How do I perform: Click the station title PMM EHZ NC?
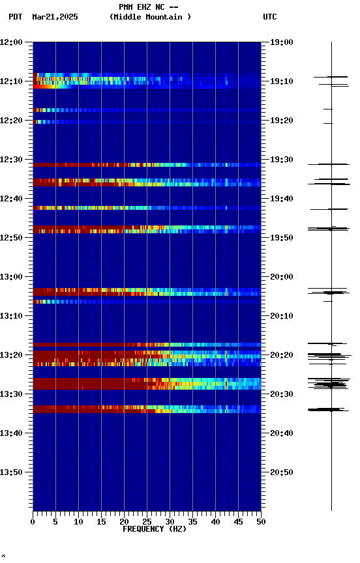point(148,7)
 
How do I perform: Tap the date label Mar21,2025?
point(55,17)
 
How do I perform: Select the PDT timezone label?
point(16,17)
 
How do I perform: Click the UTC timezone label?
point(270,17)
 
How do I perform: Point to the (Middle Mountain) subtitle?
point(151,17)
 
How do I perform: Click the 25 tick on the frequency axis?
point(147,521)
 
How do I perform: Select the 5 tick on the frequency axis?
point(55,521)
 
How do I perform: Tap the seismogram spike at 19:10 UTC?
point(331,78)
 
